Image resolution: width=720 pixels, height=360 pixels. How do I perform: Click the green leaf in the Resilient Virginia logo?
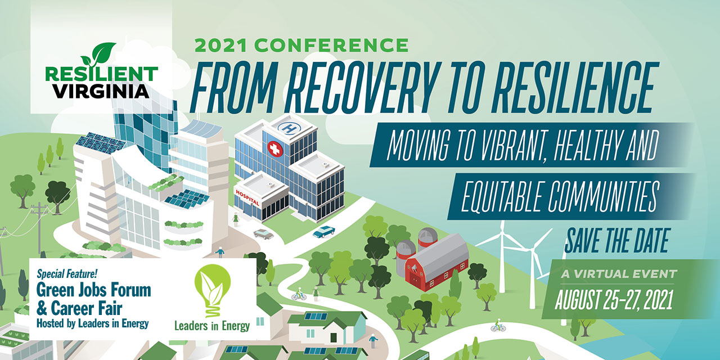98,55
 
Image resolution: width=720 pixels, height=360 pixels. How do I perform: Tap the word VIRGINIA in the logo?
102,91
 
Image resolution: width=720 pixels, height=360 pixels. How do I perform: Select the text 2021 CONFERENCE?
301,45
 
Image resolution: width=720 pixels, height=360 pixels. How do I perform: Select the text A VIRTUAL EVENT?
619,274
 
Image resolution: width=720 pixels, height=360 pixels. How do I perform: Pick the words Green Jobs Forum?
93,290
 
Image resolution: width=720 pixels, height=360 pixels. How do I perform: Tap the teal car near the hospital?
323,231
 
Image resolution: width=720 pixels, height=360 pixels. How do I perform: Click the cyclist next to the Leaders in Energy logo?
299,294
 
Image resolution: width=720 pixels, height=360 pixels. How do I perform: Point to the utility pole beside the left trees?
39,225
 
